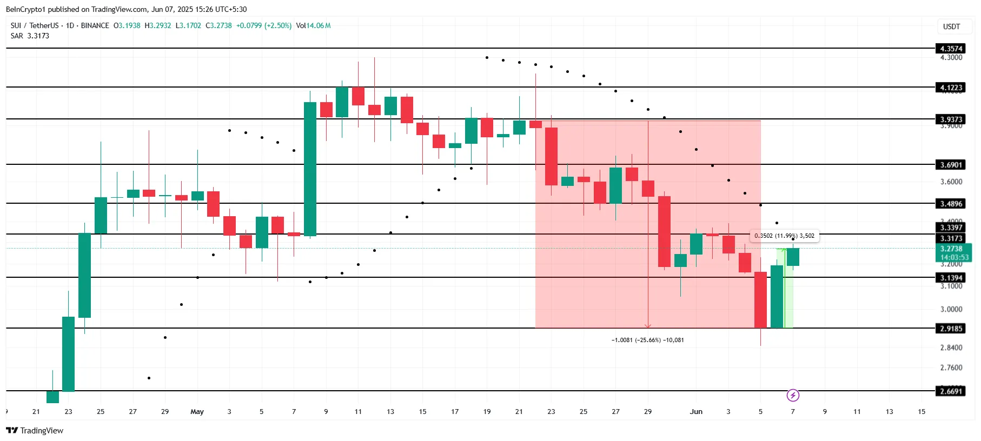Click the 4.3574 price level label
click(x=951, y=49)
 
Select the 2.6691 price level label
click(x=951, y=391)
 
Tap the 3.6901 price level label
click(x=951, y=165)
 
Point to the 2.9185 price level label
click(x=951, y=329)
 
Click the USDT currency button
click(x=951, y=26)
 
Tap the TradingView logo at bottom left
click(x=35, y=431)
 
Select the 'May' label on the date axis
click(x=197, y=412)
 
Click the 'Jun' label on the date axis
click(x=696, y=412)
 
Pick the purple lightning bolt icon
click(x=793, y=396)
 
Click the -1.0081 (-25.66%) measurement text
click(x=647, y=340)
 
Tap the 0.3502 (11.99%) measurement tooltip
click(x=784, y=236)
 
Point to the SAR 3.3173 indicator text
click(x=30, y=36)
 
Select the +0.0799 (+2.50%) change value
click(x=264, y=25)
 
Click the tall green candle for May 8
click(x=310, y=169)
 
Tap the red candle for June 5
click(x=760, y=299)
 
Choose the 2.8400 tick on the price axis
click(x=951, y=348)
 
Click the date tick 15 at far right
click(x=922, y=412)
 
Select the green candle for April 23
click(x=68, y=353)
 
